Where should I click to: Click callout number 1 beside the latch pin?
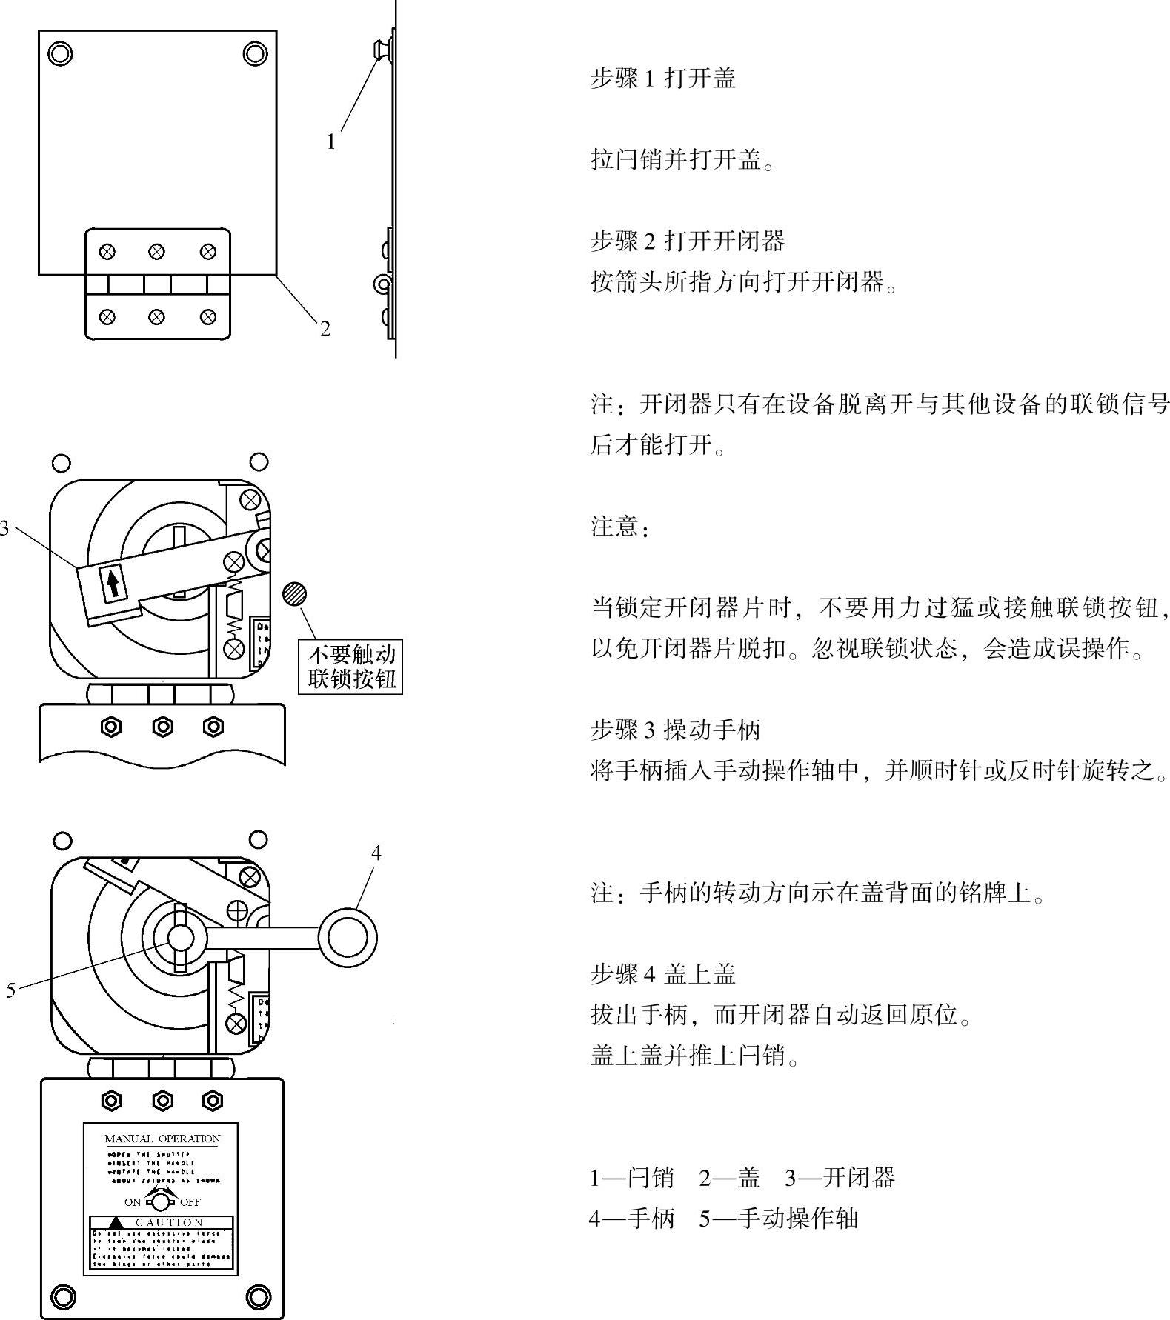click(331, 141)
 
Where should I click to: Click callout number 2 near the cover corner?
click(325, 329)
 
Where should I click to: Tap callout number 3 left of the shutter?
click(4, 528)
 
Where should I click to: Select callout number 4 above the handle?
click(376, 853)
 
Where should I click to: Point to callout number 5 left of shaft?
click(10, 990)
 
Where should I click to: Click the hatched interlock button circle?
click(294, 594)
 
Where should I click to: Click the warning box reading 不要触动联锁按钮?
click(350, 667)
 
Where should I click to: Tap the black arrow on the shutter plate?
click(113, 584)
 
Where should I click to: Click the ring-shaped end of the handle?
click(347, 939)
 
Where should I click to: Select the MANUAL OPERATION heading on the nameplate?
click(162, 1139)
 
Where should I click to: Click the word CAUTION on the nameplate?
click(169, 1222)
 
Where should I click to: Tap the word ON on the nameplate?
click(133, 1201)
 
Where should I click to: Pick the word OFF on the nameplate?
click(190, 1201)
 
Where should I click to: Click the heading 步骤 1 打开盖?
click(662, 78)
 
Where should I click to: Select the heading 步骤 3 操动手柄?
click(675, 730)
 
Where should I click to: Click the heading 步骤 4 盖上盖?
click(662, 973)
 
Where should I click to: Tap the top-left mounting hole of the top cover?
click(60, 53)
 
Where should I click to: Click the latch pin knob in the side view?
click(380, 50)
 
